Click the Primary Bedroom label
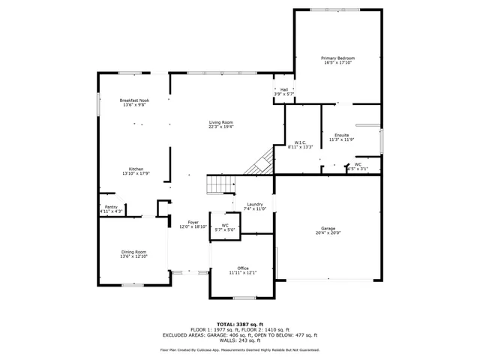coord(337,58)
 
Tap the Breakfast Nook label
coord(134,100)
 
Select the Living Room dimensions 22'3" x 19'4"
coord(221,127)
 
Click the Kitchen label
coord(136,169)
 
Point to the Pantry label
coord(111,207)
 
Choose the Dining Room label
coord(134,252)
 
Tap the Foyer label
coord(193,222)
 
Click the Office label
coord(243,268)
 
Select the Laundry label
coord(254,204)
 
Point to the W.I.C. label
coord(298,142)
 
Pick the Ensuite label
coord(341,135)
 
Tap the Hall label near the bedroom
coord(285,89)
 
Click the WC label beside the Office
coord(225,225)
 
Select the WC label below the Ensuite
coord(358,164)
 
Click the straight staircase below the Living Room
coord(221,184)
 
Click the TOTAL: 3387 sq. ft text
coord(240,323)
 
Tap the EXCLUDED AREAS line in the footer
coord(240,335)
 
